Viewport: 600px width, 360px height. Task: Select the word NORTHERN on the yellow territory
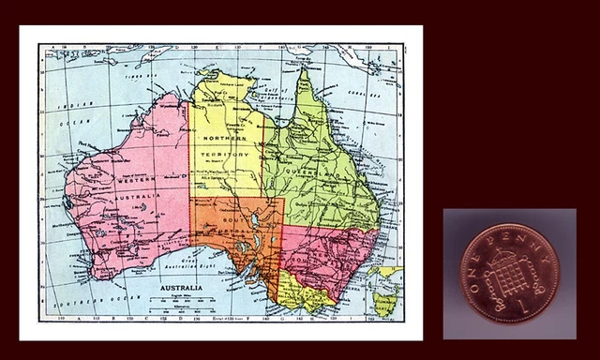pyautogui.click(x=222, y=139)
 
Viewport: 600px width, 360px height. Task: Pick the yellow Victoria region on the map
pyautogui.click(x=304, y=292)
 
